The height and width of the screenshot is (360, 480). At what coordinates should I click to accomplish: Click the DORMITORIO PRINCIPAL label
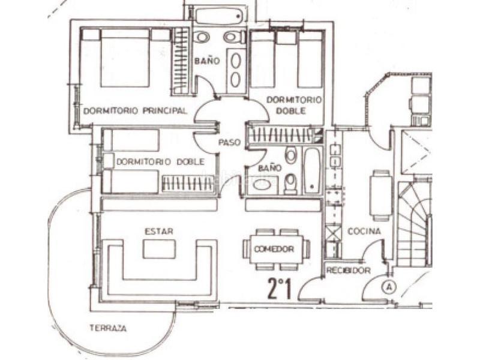[x=135, y=110]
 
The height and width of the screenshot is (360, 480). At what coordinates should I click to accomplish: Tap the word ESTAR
[x=154, y=230]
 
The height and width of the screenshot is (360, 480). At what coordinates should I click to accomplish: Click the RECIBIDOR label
[x=348, y=271]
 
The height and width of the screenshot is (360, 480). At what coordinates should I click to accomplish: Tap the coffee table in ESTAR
[x=159, y=248]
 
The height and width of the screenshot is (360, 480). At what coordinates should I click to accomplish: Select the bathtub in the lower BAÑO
[x=313, y=170]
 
